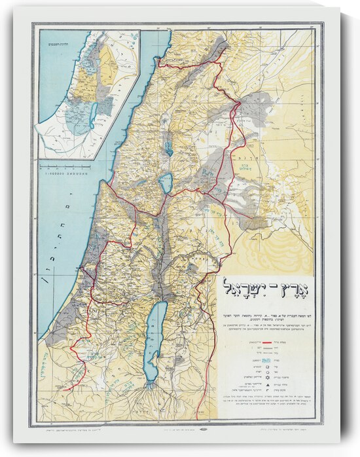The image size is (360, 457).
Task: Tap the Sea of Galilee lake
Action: click(x=166, y=183)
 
